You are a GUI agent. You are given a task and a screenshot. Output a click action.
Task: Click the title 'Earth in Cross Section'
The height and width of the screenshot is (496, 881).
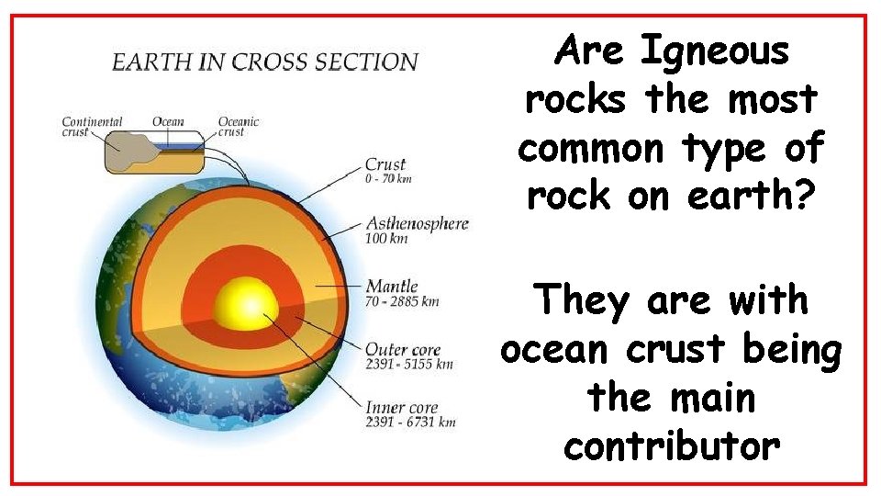pyautogui.click(x=264, y=62)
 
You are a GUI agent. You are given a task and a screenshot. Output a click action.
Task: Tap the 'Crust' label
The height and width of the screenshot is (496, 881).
pyautogui.click(x=385, y=165)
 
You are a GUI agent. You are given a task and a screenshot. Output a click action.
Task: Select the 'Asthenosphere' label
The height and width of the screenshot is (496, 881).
pyautogui.click(x=418, y=224)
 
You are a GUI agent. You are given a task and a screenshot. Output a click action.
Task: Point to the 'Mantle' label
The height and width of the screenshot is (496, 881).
pyautogui.click(x=392, y=287)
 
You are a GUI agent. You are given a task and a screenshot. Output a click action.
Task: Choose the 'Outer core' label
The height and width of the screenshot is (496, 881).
pyautogui.click(x=403, y=350)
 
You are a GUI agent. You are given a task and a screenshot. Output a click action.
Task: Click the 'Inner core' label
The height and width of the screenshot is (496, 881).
pyautogui.click(x=401, y=408)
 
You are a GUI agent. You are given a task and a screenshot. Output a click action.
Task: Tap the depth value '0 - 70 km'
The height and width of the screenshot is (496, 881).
pyautogui.click(x=388, y=179)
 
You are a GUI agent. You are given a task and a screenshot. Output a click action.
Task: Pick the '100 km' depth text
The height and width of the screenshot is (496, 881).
pyautogui.click(x=385, y=239)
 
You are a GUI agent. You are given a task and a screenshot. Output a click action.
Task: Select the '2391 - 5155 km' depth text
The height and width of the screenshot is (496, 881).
pyautogui.click(x=409, y=364)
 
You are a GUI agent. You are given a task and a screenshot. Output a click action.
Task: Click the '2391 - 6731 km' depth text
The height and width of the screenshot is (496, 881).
pyautogui.click(x=409, y=423)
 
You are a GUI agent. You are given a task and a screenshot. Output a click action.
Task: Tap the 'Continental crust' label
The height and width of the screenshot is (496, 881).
pyautogui.click(x=92, y=126)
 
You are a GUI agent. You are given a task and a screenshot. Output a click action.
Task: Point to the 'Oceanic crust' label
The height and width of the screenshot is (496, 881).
pyautogui.click(x=239, y=126)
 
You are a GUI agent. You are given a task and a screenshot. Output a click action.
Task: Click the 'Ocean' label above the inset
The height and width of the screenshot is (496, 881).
pyautogui.click(x=168, y=121)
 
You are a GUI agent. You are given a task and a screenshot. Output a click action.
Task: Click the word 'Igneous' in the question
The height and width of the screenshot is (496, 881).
pyautogui.click(x=714, y=51)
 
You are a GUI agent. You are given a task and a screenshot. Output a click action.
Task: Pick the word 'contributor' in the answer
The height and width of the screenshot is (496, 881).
pyautogui.click(x=672, y=446)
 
